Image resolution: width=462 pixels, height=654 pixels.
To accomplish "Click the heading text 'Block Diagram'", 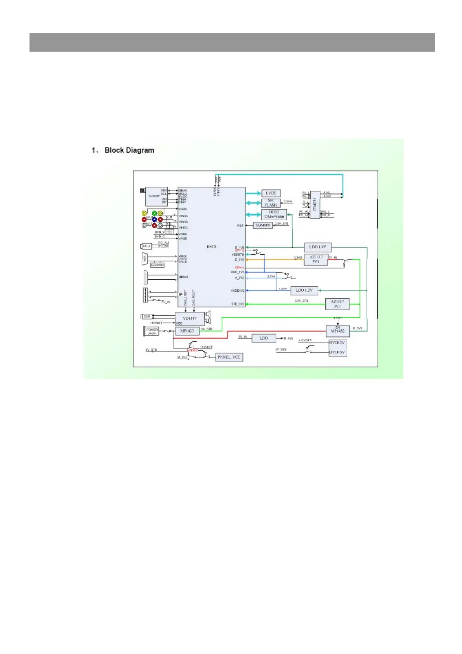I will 129,150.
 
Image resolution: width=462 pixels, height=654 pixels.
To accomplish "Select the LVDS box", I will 271,193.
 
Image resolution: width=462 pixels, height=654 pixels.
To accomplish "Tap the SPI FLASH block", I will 271,203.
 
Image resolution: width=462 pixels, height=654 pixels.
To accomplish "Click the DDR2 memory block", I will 274,214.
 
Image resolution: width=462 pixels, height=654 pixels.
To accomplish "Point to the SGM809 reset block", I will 263,225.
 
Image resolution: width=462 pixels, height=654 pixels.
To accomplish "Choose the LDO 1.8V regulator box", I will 318,247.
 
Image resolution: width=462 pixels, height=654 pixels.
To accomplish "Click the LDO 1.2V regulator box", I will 304,290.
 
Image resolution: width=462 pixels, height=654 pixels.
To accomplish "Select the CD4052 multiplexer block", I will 315,204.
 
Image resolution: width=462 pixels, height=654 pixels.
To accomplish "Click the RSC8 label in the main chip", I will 211,247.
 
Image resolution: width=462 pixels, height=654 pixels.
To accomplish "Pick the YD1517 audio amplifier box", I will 190,318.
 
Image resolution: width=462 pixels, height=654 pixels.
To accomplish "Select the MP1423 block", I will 187,331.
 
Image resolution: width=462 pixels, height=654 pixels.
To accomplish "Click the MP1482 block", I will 337,331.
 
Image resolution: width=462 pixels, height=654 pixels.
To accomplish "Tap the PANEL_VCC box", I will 229,357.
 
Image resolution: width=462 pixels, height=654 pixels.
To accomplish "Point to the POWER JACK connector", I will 152,331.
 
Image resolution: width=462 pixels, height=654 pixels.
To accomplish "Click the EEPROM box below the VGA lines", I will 157,265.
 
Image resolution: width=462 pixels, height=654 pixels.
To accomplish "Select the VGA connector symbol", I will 144,258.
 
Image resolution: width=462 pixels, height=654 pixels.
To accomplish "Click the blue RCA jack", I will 155,219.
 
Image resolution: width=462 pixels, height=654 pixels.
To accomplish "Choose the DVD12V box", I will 337,343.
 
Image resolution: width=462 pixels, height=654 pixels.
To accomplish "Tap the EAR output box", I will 147,317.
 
